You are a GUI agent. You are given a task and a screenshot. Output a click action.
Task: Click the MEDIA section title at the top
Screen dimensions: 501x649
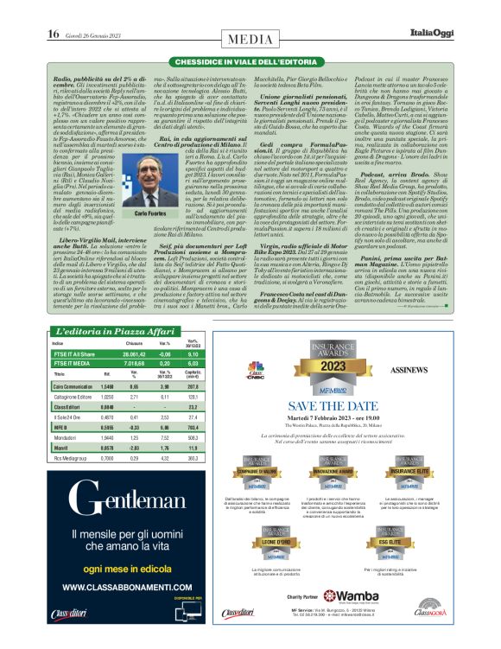pyautogui.click(x=250, y=39)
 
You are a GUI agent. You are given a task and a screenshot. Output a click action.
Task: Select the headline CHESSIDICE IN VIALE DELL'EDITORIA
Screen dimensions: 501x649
pyautogui.click(x=250, y=63)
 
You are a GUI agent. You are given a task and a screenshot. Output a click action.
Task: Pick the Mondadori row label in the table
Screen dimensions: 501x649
pyautogui.click(x=73, y=437)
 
